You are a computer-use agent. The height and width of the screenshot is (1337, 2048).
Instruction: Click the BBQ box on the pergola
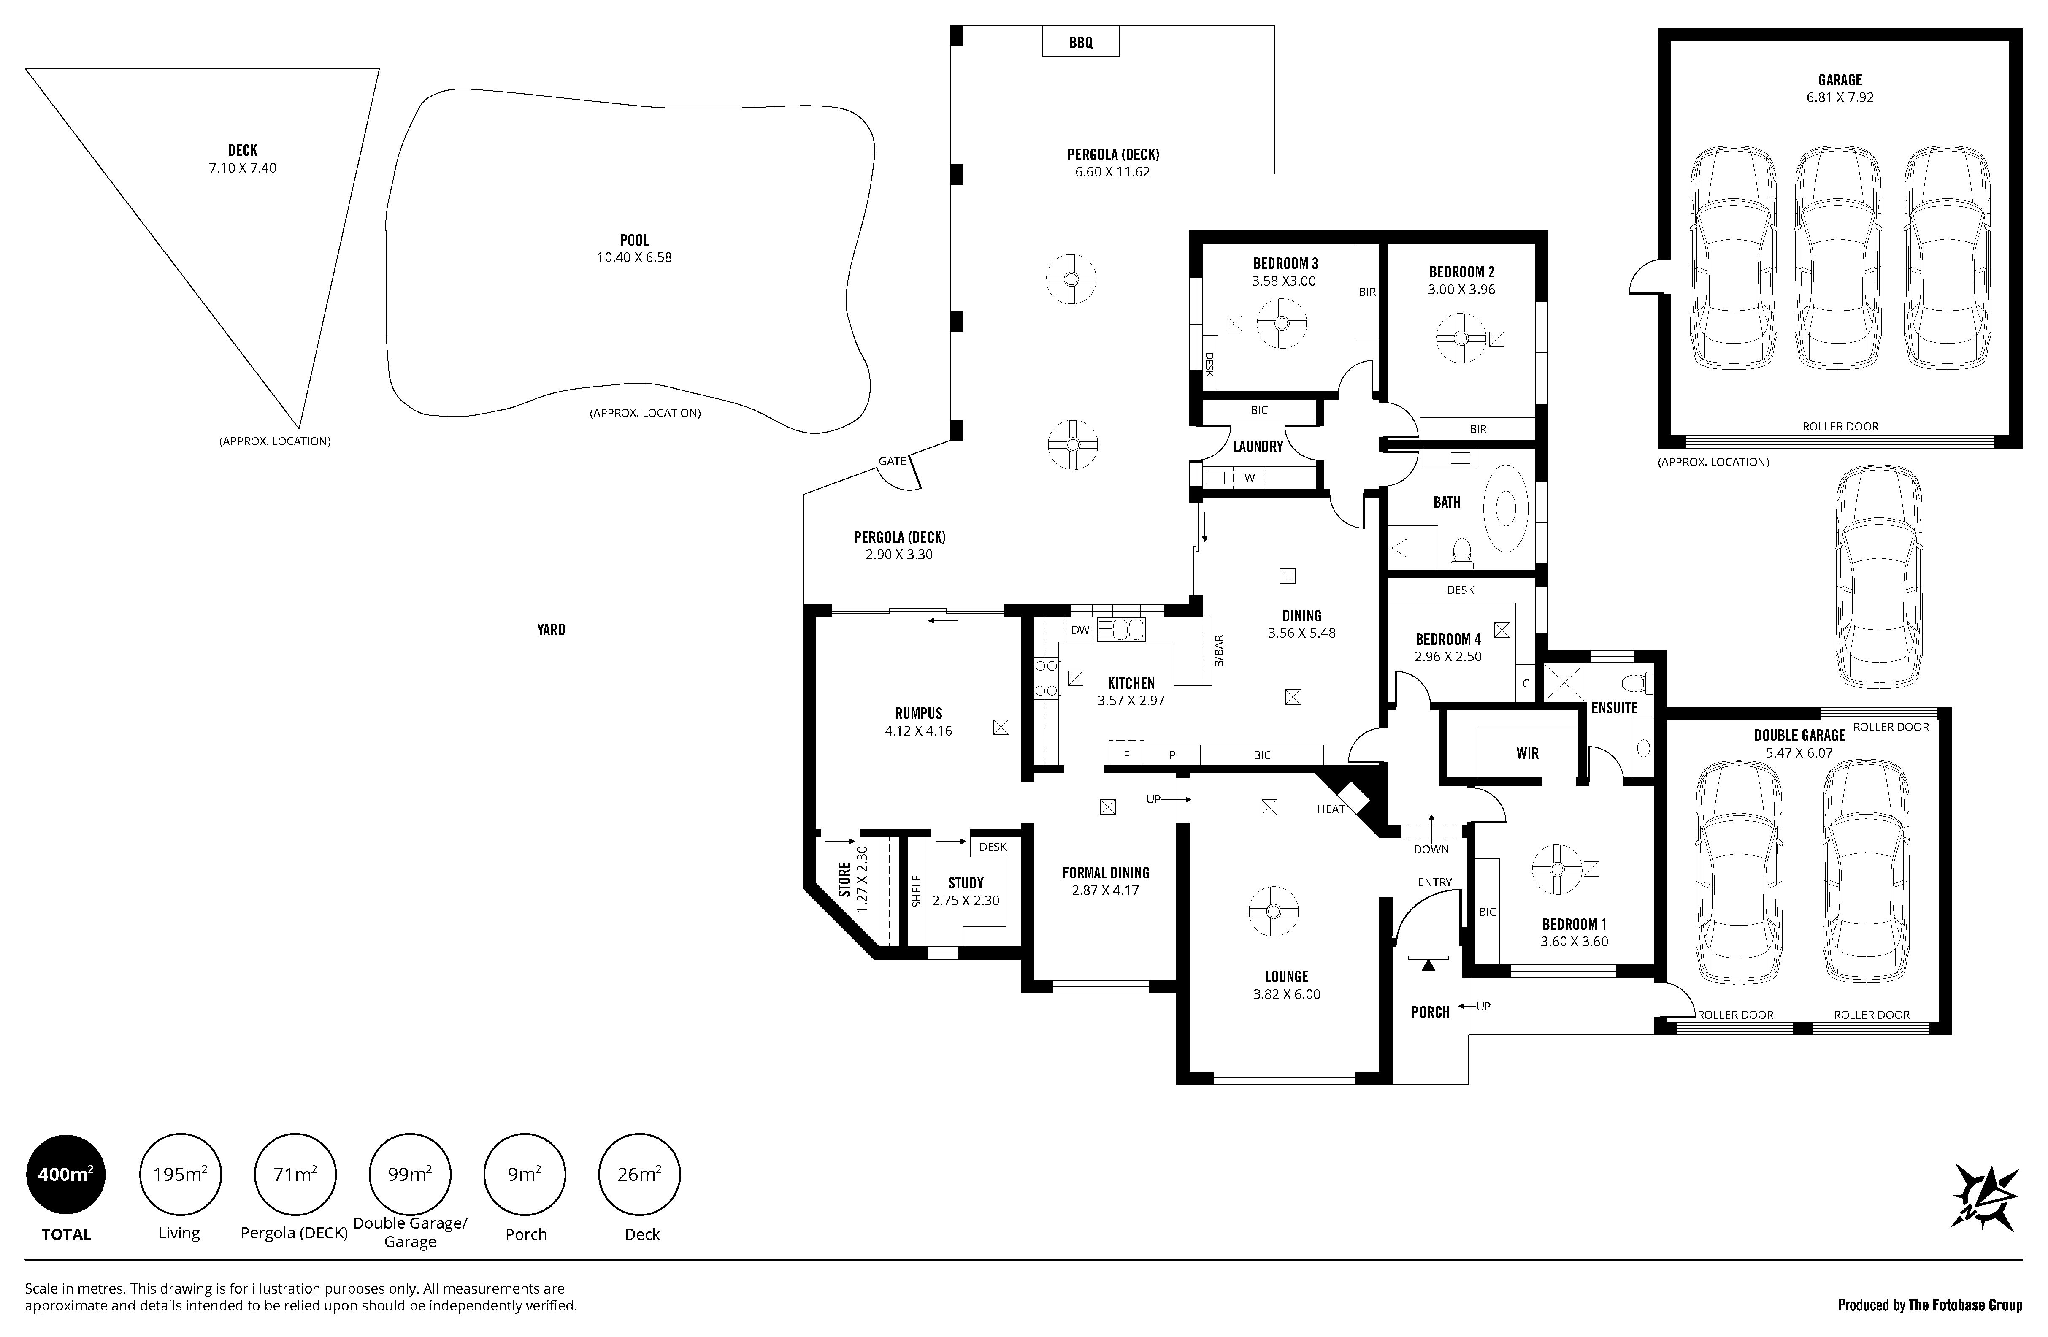pos(1081,41)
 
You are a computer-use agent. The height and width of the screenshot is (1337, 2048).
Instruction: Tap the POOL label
pos(634,240)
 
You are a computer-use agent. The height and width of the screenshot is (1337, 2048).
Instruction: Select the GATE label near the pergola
pos(893,461)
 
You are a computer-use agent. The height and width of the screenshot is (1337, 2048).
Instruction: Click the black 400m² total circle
pos(66,1175)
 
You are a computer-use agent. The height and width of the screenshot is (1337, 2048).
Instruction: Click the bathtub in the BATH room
pos(1505,509)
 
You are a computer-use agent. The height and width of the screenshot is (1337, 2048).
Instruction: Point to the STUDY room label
pos(966,883)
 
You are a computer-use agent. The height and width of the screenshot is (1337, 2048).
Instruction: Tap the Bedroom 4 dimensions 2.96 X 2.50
pos(1448,656)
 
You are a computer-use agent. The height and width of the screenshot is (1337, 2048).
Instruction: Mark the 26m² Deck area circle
pos(639,1175)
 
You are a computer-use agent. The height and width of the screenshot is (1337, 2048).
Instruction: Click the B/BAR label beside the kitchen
pos(1218,651)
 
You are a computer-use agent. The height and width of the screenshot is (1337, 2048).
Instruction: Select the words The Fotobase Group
pos(1965,1305)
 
